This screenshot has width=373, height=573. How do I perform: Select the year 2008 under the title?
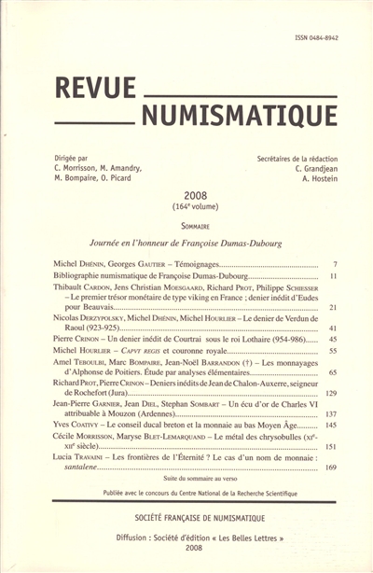pyautogui.click(x=188, y=189)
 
